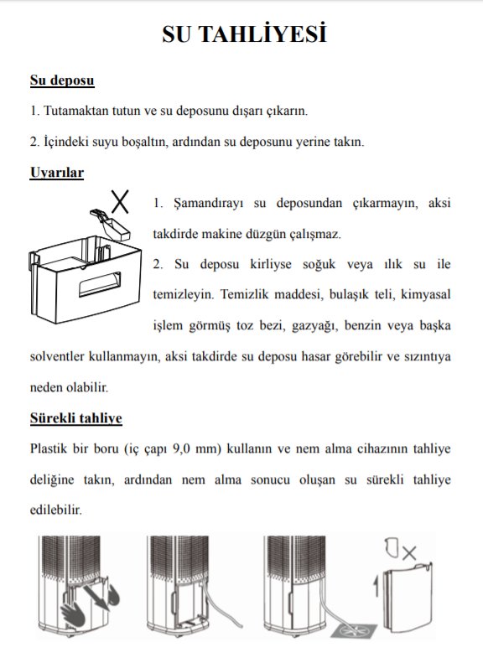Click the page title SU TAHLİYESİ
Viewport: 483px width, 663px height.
click(242, 34)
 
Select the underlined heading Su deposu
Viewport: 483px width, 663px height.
click(61, 81)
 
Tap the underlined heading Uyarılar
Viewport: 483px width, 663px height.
click(56, 173)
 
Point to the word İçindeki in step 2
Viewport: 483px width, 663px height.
click(65, 141)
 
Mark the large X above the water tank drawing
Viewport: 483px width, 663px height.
click(122, 201)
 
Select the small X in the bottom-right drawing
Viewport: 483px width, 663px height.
click(409, 552)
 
